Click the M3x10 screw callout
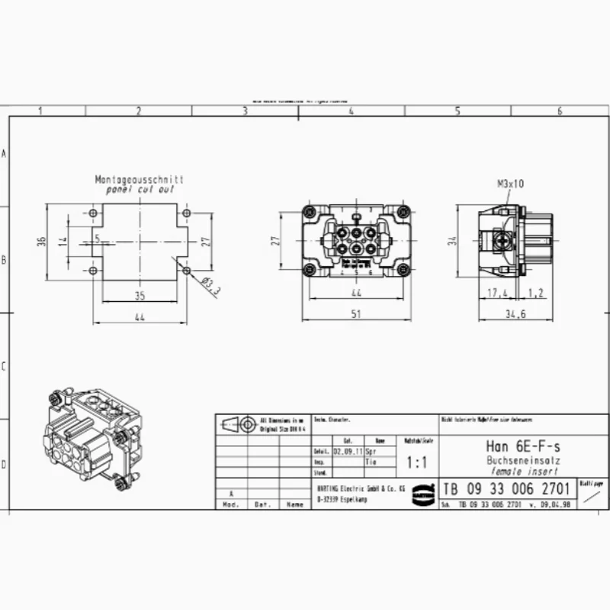tap(511, 184)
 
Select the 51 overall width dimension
tap(356, 313)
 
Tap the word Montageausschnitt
tap(139, 179)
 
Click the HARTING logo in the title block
tap(421, 494)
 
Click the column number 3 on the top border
tap(245, 111)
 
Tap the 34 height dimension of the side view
tap(451, 241)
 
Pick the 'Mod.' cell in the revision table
tap(230, 505)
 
